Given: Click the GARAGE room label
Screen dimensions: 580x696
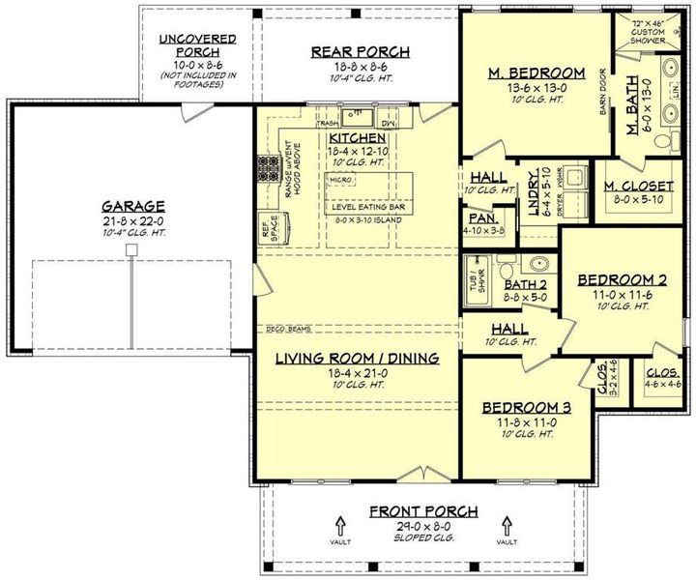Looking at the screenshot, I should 131,206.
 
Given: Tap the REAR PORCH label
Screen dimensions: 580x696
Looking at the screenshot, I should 359,51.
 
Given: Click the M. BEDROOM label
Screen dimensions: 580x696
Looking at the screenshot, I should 536,72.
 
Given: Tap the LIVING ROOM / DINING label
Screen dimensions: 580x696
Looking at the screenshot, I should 357,358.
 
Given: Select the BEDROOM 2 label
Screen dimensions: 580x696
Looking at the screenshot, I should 622,280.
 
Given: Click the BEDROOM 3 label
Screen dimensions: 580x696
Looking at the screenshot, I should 527,407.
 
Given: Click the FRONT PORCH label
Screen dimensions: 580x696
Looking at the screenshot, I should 423,510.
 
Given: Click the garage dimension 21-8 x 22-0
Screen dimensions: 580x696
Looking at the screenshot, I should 131,222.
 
